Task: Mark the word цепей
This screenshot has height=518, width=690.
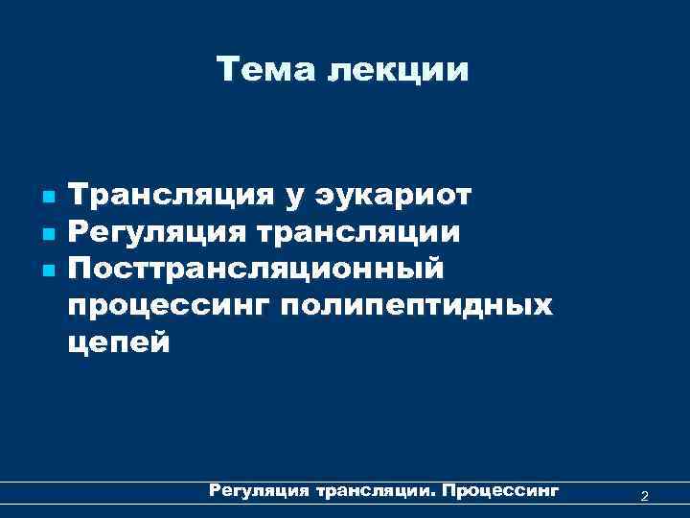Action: (x=119, y=343)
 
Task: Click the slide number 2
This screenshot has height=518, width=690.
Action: (x=644, y=495)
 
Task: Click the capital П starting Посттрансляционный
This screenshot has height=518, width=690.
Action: (x=80, y=268)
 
